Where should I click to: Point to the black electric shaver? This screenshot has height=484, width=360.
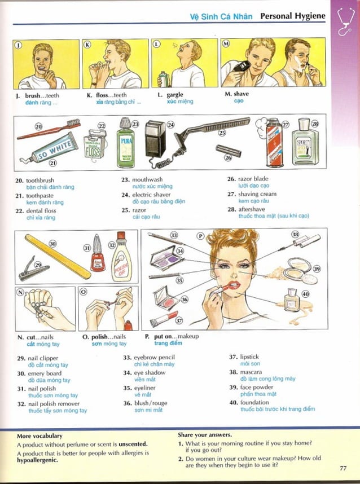tap(155, 138)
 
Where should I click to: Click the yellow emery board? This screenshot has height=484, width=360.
tap(58, 256)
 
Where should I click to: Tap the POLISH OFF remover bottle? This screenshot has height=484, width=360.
tap(121, 259)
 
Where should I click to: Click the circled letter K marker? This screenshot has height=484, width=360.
tap(87, 44)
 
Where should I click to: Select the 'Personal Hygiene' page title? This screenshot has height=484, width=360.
tap(292, 16)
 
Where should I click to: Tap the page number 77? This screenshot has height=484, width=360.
tap(343, 468)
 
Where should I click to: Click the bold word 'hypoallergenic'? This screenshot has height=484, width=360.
tap(36, 460)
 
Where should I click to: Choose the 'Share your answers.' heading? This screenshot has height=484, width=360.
tap(204, 435)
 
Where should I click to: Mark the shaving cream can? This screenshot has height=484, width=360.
tap(274, 144)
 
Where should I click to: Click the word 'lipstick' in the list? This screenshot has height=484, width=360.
tap(250, 357)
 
